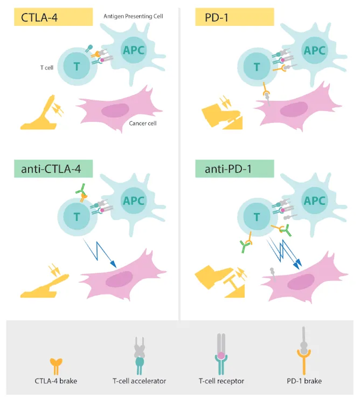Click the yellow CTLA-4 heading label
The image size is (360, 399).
53,17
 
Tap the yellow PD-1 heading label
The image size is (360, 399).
235,17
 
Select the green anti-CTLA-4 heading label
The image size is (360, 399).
53,169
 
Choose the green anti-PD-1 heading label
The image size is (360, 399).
235,169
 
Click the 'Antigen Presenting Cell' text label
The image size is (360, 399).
133,16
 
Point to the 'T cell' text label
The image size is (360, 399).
47,68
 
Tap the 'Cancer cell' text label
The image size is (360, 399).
143,124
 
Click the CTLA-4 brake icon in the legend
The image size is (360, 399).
56,367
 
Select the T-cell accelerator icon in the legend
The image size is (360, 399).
139,356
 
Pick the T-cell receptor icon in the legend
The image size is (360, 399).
221,354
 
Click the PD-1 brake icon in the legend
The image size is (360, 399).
304,351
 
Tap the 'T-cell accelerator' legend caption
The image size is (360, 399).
139,381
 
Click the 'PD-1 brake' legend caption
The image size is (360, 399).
304,381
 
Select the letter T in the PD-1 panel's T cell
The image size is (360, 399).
257,67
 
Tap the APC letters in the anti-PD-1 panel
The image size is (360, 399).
314,201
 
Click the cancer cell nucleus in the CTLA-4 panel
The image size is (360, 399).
115,110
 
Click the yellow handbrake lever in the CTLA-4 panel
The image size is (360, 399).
41,115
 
